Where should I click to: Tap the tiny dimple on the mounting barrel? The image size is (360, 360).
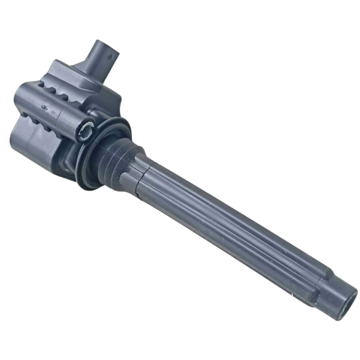pyautogui.click(x=44, y=108)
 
